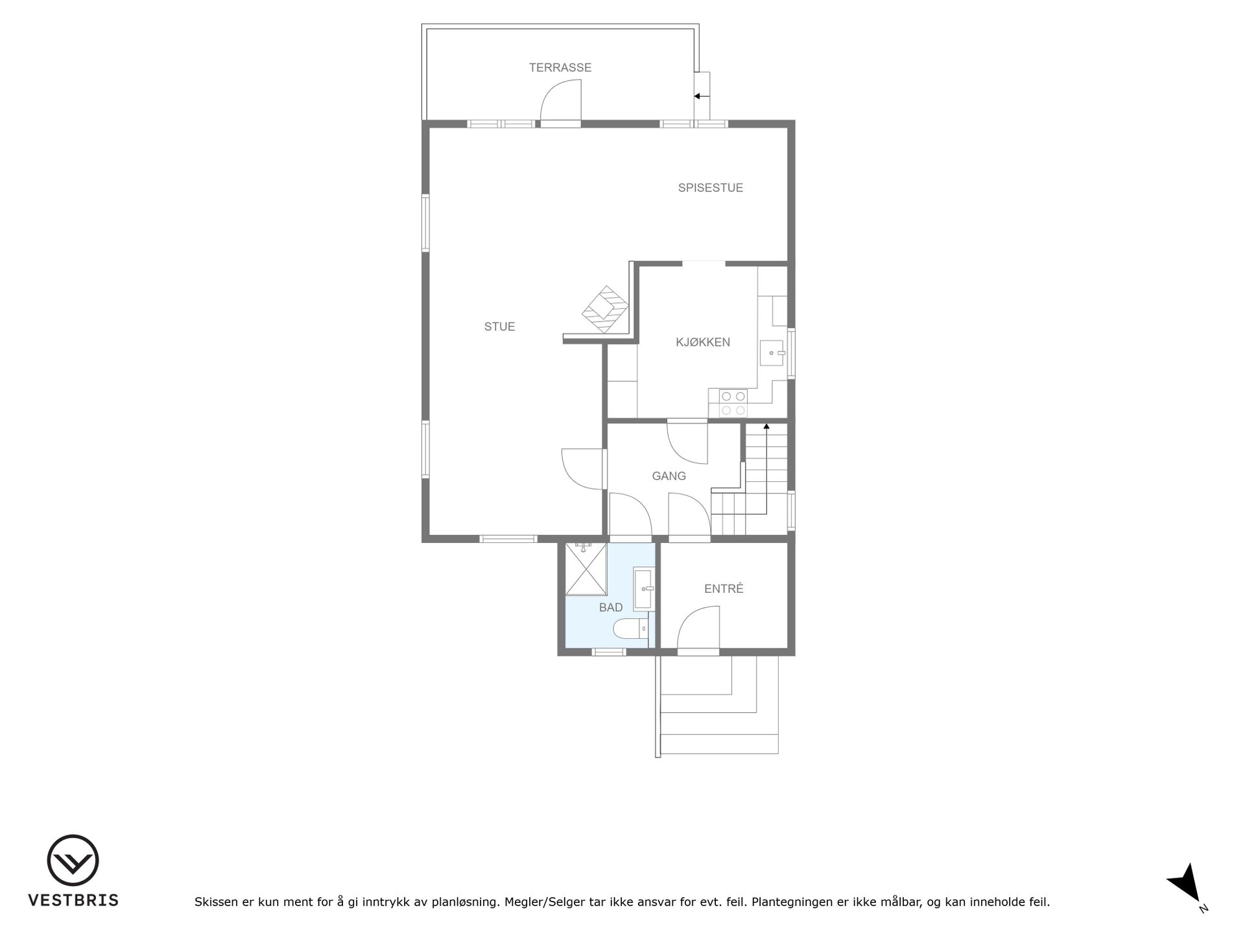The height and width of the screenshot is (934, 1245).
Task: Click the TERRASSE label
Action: pyautogui.click(x=560, y=67)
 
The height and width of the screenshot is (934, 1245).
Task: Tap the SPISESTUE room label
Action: pyautogui.click(x=711, y=188)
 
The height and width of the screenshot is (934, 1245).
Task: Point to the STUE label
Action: pyautogui.click(x=499, y=327)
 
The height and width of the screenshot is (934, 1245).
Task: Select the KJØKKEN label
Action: pyautogui.click(x=703, y=342)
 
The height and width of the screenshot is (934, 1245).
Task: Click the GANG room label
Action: pyautogui.click(x=669, y=476)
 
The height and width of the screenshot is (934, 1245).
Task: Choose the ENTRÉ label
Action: pyautogui.click(x=724, y=589)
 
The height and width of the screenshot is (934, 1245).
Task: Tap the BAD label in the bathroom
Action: pyautogui.click(x=611, y=608)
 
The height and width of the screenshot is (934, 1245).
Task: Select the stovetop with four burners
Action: pyautogui.click(x=733, y=403)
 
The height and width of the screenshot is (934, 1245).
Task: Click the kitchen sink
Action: pyautogui.click(x=772, y=353)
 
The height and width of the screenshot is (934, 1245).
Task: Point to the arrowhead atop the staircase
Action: pyautogui.click(x=766, y=427)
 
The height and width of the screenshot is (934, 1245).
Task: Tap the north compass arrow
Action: pyautogui.click(x=1186, y=883)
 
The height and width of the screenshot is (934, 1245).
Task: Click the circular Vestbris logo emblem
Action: pyautogui.click(x=73, y=860)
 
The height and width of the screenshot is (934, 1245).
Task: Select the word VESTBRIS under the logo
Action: pyautogui.click(x=73, y=900)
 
